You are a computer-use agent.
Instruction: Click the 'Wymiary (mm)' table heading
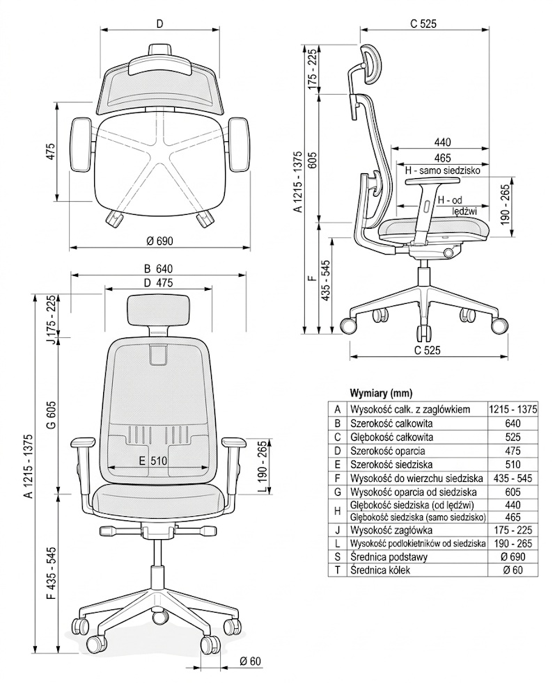[380, 391]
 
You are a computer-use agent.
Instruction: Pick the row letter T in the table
[337, 570]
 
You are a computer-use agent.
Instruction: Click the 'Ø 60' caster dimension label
[249, 661]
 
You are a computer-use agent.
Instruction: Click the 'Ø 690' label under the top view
[159, 241]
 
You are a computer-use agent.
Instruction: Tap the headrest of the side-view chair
[369, 63]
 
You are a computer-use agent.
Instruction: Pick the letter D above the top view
[159, 24]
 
